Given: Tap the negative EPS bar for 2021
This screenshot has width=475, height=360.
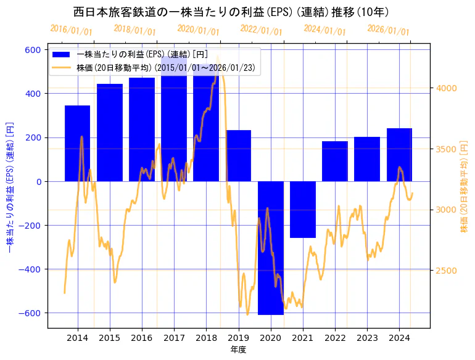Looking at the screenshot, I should tap(303, 210).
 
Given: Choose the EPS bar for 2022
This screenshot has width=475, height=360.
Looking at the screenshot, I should tap(335, 161).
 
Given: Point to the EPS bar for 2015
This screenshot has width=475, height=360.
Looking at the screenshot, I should tap(110, 133).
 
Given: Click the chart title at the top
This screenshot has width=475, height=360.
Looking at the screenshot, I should tap(231, 12).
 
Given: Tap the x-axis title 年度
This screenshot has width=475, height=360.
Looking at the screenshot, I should tap(239, 349).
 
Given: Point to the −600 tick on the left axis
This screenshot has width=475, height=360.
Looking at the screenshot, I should tap(30, 313).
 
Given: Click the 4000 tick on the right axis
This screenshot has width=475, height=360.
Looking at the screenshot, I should tap(446, 88).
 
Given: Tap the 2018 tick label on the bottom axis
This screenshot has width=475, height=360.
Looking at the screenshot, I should tap(207, 337).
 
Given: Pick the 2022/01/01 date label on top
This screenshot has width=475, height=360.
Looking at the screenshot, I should tap(261, 30).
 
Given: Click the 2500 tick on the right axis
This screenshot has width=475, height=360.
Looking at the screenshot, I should tap(446, 271).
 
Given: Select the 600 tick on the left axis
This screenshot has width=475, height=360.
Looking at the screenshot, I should tap(33, 50).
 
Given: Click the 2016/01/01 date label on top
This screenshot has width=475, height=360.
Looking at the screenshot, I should tap(71, 30).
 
